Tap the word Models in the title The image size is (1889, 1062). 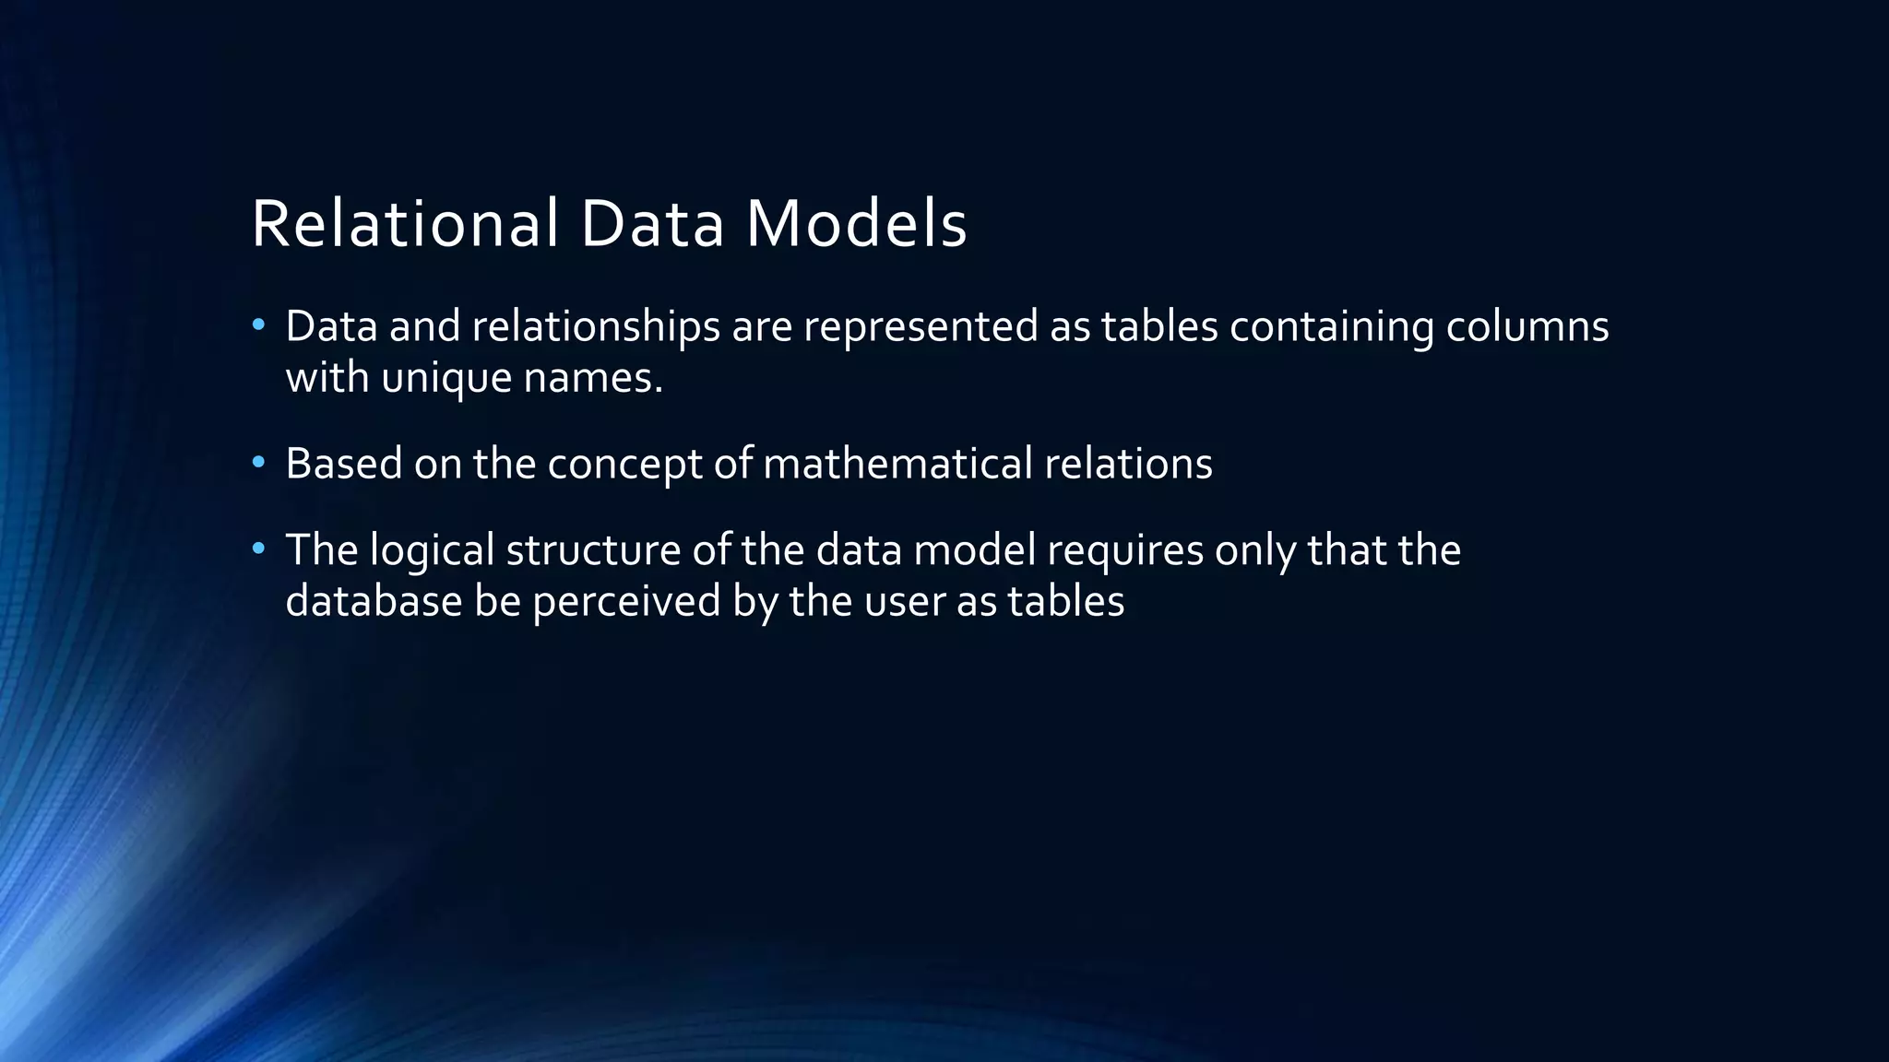[857, 224]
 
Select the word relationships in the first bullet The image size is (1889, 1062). [596, 326]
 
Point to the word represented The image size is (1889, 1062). [921, 326]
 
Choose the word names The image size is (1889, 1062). [593, 378]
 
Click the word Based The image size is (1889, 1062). [343, 463]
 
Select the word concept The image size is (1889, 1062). [624, 465]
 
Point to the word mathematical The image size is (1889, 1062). [897, 463]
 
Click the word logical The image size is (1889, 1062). [432, 551]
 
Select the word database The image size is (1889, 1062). [374, 601]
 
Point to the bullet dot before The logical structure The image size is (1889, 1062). [258, 549]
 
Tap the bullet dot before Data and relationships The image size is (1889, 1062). [258, 324]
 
